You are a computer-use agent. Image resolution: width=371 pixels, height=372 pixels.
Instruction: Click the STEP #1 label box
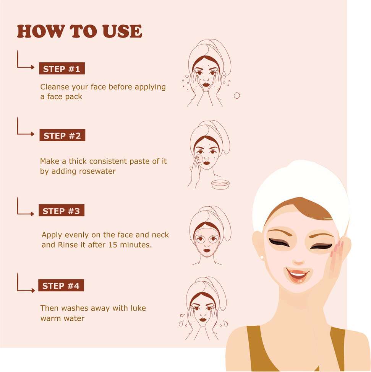click(62, 69)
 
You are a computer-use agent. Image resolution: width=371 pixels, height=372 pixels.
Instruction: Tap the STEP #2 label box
click(62, 135)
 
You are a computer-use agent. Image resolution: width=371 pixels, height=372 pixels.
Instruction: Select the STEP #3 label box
click(62, 210)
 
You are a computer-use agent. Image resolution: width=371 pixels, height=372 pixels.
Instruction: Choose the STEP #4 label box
click(61, 286)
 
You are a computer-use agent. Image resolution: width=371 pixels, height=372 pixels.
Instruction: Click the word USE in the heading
click(123, 31)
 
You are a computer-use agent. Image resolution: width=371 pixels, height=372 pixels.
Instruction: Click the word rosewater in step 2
click(97, 171)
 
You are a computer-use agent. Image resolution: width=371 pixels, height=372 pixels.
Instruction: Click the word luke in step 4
click(138, 308)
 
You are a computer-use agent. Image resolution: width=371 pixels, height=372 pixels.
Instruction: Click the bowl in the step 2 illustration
click(220, 184)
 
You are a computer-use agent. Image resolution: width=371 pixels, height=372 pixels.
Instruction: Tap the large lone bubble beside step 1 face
click(237, 96)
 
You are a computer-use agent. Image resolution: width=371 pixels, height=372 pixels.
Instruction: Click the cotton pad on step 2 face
click(200, 158)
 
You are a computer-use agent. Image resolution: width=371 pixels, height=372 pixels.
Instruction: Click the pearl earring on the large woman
click(262, 257)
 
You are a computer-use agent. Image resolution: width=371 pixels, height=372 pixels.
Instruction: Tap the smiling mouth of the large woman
click(298, 275)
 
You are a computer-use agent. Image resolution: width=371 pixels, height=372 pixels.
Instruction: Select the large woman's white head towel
click(300, 194)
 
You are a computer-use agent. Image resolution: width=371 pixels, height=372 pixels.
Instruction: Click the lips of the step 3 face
click(207, 250)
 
